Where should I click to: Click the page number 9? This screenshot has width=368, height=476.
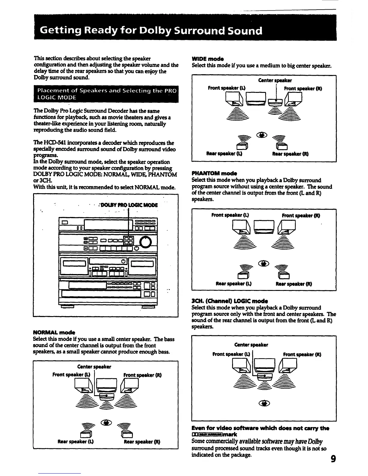[x=333, y=459]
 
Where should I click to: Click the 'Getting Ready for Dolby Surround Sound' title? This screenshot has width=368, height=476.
[x=151, y=31]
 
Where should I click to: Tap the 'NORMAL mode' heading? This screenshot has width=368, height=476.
[x=54, y=332]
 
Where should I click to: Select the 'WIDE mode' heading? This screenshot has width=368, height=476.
[x=208, y=59]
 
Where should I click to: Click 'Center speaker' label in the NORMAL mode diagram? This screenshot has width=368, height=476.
[x=94, y=367]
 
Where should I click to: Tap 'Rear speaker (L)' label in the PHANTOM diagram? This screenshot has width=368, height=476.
[x=234, y=284]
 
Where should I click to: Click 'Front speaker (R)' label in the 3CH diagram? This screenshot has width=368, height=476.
[x=302, y=354]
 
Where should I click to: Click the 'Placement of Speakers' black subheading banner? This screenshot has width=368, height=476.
[x=106, y=94]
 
